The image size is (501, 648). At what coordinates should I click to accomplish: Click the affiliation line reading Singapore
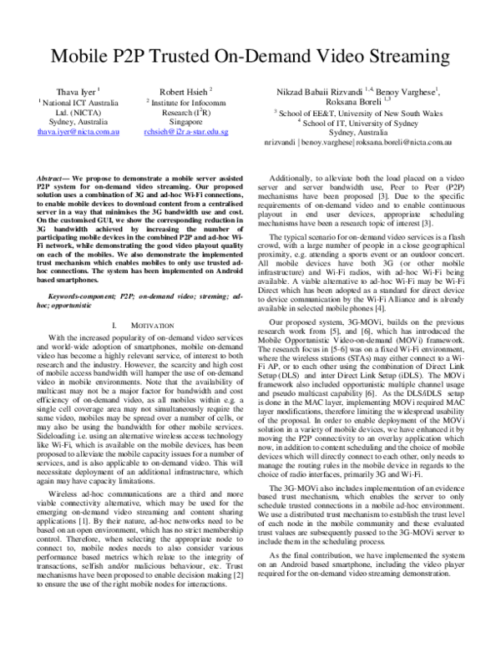186,121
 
